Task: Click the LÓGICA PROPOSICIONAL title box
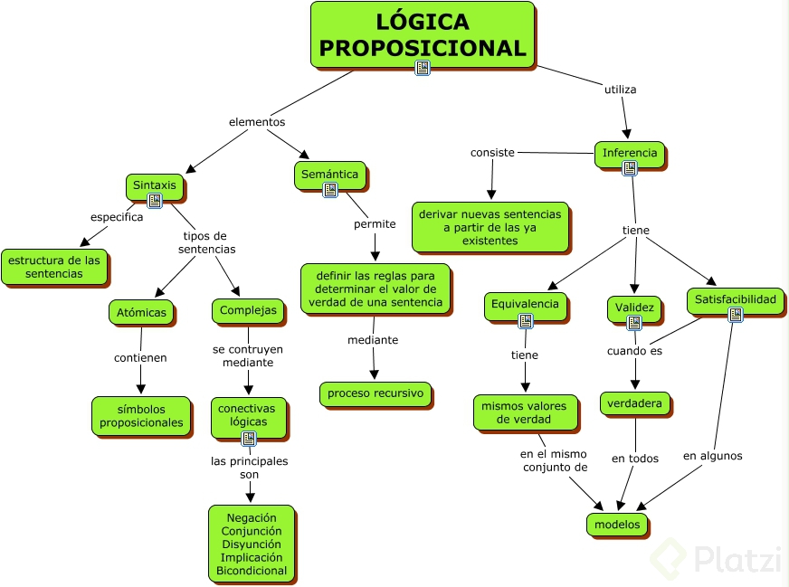pyautogui.click(x=423, y=35)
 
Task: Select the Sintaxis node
pyautogui.click(x=155, y=185)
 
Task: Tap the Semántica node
pyautogui.click(x=329, y=175)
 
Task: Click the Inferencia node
pyautogui.click(x=630, y=153)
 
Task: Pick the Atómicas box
pyautogui.click(x=142, y=312)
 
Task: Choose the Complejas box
pyautogui.click(x=249, y=311)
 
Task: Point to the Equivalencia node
pyautogui.click(x=526, y=305)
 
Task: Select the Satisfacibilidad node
pyautogui.click(x=736, y=299)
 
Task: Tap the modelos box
pyautogui.click(x=617, y=524)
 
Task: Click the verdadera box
pyautogui.click(x=635, y=402)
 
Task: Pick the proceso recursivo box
pyautogui.click(x=375, y=393)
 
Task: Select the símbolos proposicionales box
pyautogui.click(x=141, y=415)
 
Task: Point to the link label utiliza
pyautogui.click(x=620, y=90)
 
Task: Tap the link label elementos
pyautogui.click(x=256, y=121)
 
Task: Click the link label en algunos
pyautogui.click(x=712, y=456)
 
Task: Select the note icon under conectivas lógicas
pyautogui.click(x=249, y=439)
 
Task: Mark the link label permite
pyautogui.click(x=374, y=223)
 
